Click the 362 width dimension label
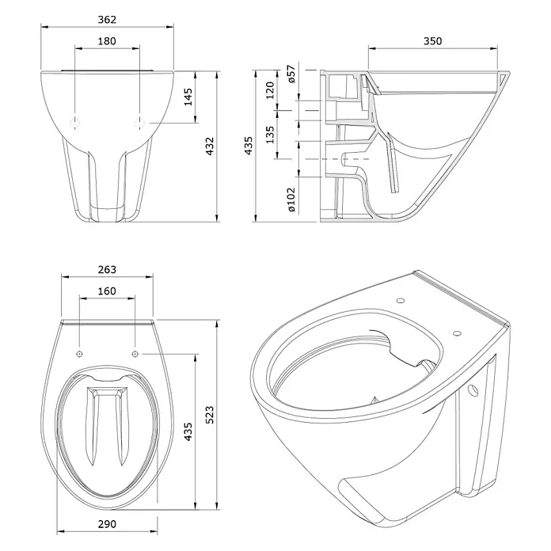click(107, 19)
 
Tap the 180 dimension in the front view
click(107, 41)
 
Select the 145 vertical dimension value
click(188, 97)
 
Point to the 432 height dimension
click(209, 146)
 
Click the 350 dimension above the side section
click(432, 41)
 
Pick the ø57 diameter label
click(291, 74)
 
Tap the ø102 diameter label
click(291, 199)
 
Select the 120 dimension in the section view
click(270, 90)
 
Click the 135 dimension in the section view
click(270, 135)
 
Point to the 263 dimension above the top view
click(107, 269)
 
